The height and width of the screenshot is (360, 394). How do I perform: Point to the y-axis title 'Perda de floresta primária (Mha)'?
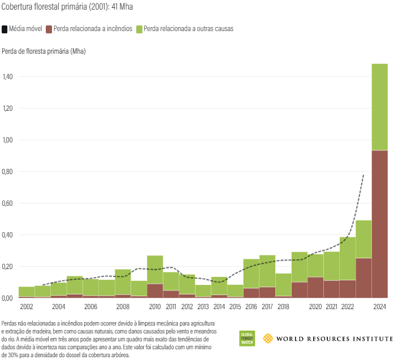(x=44, y=51)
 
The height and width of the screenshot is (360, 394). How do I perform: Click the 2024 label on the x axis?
(x=379, y=306)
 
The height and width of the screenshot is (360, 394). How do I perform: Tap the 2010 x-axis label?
(x=155, y=306)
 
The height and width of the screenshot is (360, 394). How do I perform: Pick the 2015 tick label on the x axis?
(x=235, y=306)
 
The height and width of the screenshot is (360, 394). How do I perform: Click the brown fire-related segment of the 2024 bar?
(x=379, y=224)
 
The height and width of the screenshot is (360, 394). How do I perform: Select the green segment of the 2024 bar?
(x=379, y=107)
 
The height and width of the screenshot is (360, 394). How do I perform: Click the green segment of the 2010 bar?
(x=155, y=269)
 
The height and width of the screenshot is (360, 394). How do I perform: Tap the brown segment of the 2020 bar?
(x=315, y=287)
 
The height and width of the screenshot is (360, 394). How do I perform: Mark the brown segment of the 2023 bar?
(x=363, y=277)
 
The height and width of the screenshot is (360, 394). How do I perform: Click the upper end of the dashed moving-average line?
(x=363, y=176)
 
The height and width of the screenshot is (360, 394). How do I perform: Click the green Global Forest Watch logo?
(x=247, y=338)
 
